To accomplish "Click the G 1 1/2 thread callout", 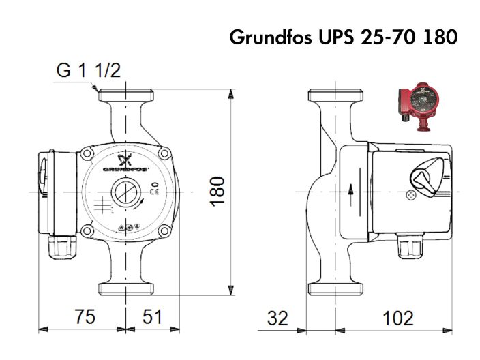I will click(x=89, y=71).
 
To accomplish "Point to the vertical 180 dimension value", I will click(x=217, y=192).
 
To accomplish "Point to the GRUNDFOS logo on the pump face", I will click(x=125, y=166).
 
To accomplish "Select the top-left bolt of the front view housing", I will click(x=87, y=155).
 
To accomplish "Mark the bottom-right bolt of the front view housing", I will click(x=164, y=232).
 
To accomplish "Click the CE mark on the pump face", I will click(x=154, y=189).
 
